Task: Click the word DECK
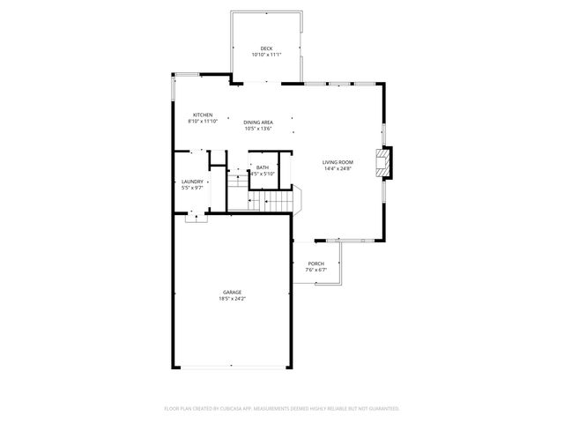pyautogui.click(x=265, y=48)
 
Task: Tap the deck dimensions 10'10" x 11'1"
pyautogui.click(x=265, y=55)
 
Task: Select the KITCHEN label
pyautogui.click(x=204, y=115)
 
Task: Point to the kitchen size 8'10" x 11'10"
pyautogui.click(x=204, y=122)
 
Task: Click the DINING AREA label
pyautogui.click(x=258, y=122)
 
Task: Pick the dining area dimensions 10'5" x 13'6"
pyautogui.click(x=258, y=129)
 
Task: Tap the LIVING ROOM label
pyautogui.click(x=338, y=162)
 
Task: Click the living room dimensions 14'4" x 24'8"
pyautogui.click(x=338, y=168)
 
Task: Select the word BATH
pyautogui.click(x=263, y=167)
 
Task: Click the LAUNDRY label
pyautogui.click(x=192, y=182)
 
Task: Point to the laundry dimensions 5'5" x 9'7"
pyautogui.click(x=192, y=188)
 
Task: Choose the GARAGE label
pyautogui.click(x=233, y=293)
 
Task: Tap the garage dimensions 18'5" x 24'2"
pyautogui.click(x=233, y=299)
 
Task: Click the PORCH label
pyautogui.click(x=315, y=263)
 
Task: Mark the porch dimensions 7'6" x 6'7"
pyautogui.click(x=315, y=270)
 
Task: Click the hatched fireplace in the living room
pyautogui.click(x=383, y=162)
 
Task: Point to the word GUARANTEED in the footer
pyautogui.click(x=380, y=409)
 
